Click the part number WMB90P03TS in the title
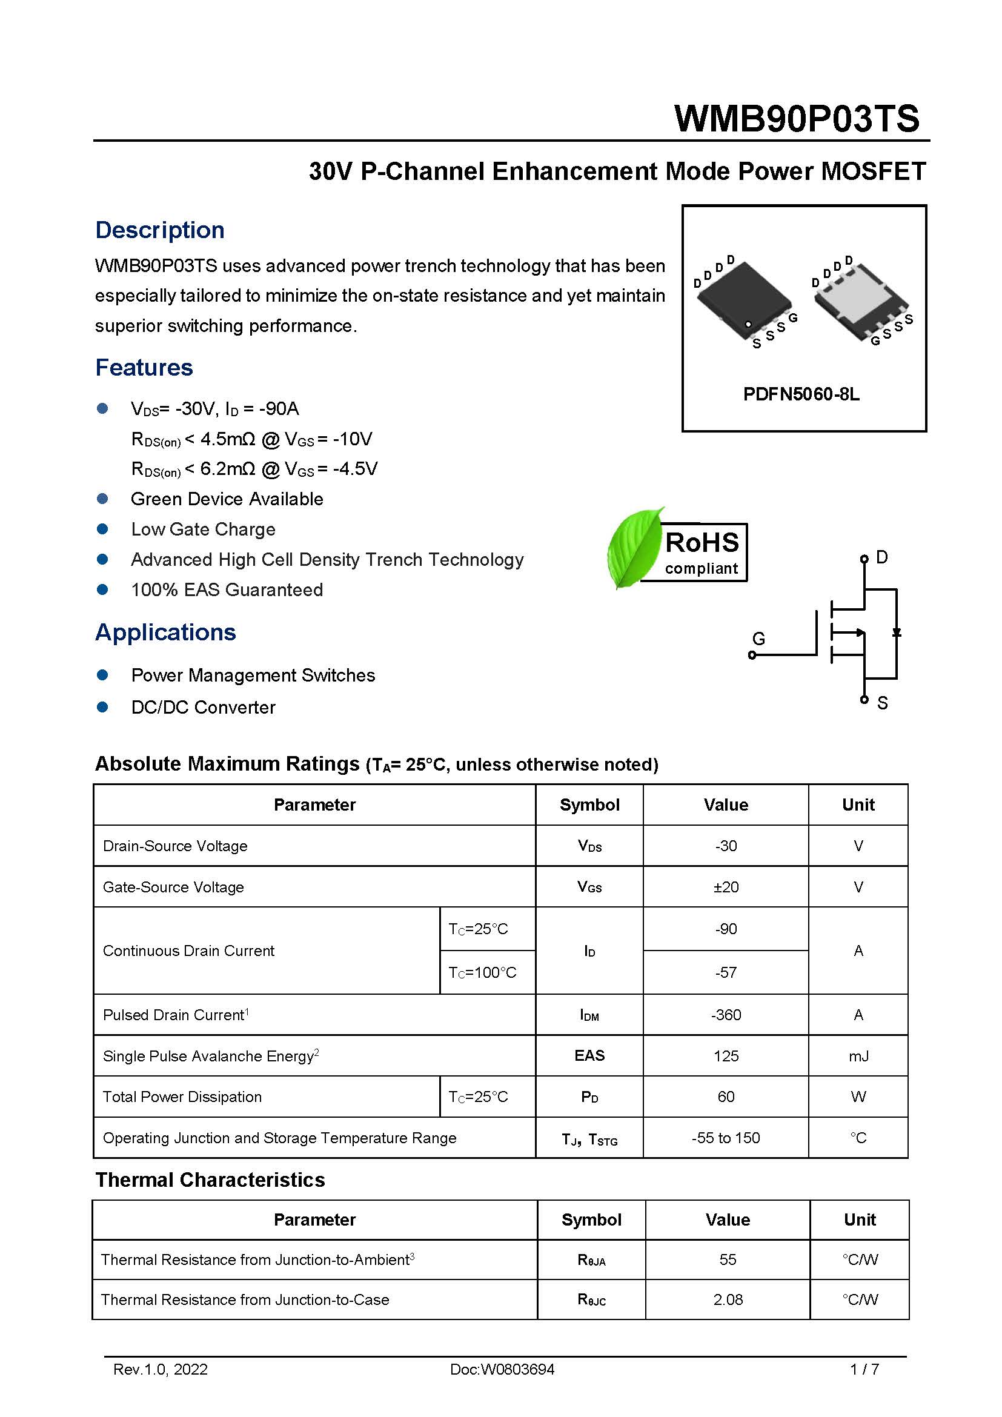pyautogui.click(x=797, y=119)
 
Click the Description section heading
pyautogui.click(x=160, y=230)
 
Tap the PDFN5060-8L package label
pyautogui.click(x=801, y=394)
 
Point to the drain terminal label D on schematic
pyautogui.click(x=881, y=557)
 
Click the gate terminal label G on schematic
pyautogui.click(x=758, y=639)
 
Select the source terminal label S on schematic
pyautogui.click(x=882, y=703)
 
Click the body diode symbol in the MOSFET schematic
pyautogui.click(x=897, y=632)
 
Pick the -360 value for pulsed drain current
pyautogui.click(x=726, y=1015)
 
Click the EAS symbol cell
pyautogui.click(x=589, y=1055)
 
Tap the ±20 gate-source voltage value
pyautogui.click(x=726, y=887)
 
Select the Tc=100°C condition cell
pyautogui.click(x=482, y=973)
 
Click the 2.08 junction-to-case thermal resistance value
pyautogui.click(x=728, y=1299)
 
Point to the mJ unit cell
pyautogui.click(x=858, y=1056)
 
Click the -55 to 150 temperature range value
pyautogui.click(x=726, y=1138)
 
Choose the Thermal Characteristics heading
pyautogui.click(x=210, y=1180)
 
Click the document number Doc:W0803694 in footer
pyautogui.click(x=502, y=1370)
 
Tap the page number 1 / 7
pyautogui.click(x=864, y=1370)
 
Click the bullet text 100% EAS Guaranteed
pyautogui.click(x=227, y=589)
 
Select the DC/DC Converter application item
pyautogui.click(x=203, y=707)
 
